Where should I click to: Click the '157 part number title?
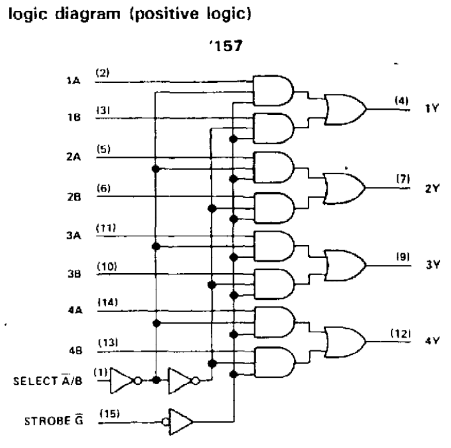tap(225, 46)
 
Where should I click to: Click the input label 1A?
tap(73, 80)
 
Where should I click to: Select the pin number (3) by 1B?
tap(103, 110)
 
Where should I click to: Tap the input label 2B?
tap(74, 197)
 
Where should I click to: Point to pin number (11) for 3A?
tap(106, 228)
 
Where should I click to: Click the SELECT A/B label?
tap(48, 380)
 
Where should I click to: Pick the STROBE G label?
tap(54, 421)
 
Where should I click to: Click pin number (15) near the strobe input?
tap(110, 414)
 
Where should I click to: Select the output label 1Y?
tap(432, 108)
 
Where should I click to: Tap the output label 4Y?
tap(432, 341)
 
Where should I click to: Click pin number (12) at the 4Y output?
tap(401, 334)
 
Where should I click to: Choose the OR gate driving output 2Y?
tap(344, 188)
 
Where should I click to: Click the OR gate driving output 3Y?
tap(345, 265)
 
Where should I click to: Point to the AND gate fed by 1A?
tap(273, 91)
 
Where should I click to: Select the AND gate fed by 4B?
tap(275, 362)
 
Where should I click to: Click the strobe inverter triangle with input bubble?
tap(178, 422)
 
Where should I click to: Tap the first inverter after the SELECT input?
tap(126, 380)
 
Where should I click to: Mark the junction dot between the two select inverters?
tap(156, 380)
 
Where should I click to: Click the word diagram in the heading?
tap(88, 15)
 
